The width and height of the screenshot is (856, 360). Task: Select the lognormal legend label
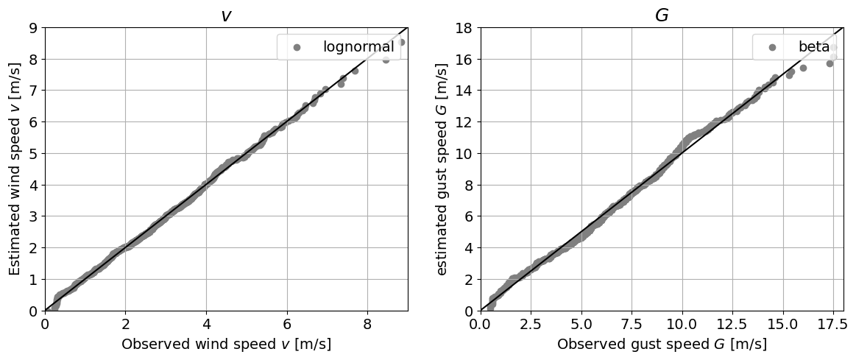[x=358, y=47]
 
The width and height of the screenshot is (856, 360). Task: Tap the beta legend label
[x=814, y=47]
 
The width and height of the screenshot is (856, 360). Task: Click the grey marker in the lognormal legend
[x=297, y=47]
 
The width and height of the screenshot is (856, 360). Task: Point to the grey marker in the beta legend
[x=772, y=47]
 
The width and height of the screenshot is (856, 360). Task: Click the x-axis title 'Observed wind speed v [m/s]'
[x=226, y=345]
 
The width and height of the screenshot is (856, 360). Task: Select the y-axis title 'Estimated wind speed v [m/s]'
[x=15, y=169]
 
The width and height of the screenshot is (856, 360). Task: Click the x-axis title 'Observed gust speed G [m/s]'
[x=662, y=345]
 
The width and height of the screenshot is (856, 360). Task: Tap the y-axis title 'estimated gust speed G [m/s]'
[x=442, y=169]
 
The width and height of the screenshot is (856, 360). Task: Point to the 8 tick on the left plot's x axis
[x=367, y=323]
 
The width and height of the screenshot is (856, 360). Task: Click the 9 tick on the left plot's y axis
[x=33, y=28]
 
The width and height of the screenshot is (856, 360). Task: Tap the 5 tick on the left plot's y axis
[x=33, y=154]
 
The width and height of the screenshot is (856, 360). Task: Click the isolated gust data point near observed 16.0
[x=803, y=68]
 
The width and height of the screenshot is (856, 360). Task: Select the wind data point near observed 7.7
[x=355, y=71]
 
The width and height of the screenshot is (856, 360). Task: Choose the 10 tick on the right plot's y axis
[x=465, y=154]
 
